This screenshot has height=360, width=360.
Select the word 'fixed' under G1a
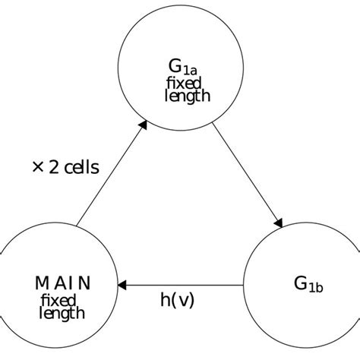[x=182, y=83]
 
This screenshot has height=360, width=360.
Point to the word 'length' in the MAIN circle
[x=62, y=313]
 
